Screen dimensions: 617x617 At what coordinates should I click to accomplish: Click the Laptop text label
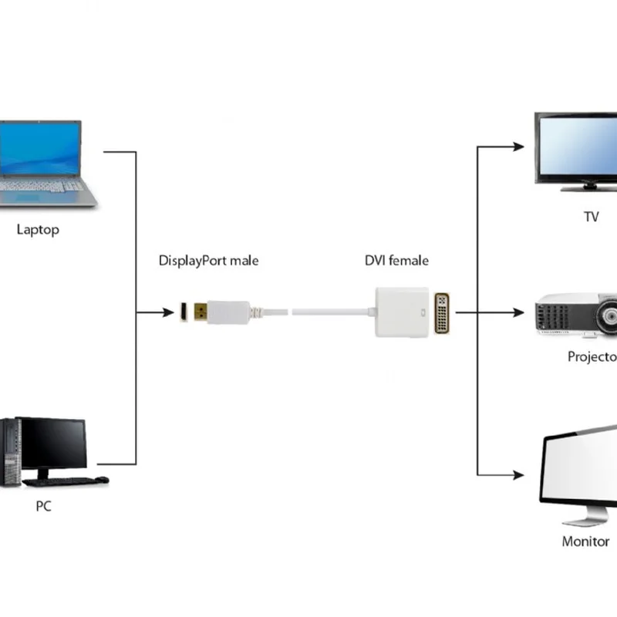click(x=38, y=230)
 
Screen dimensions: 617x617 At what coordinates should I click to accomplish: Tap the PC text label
click(x=44, y=507)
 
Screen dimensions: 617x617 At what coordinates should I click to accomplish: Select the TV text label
click(x=591, y=217)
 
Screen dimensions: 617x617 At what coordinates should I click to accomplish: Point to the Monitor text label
click(x=585, y=541)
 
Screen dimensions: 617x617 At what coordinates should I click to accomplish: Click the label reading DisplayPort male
click(x=208, y=261)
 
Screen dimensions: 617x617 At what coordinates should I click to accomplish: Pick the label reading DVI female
click(x=396, y=261)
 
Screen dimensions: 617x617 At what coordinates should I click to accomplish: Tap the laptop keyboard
click(x=42, y=186)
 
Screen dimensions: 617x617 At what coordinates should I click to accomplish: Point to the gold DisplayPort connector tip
click(x=201, y=312)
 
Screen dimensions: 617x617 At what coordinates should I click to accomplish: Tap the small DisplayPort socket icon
click(x=184, y=312)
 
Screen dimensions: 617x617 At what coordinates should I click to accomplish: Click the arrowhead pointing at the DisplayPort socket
click(x=169, y=312)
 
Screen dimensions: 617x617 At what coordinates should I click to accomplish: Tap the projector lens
click(x=608, y=315)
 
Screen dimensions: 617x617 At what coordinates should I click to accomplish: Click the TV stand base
click(x=588, y=187)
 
